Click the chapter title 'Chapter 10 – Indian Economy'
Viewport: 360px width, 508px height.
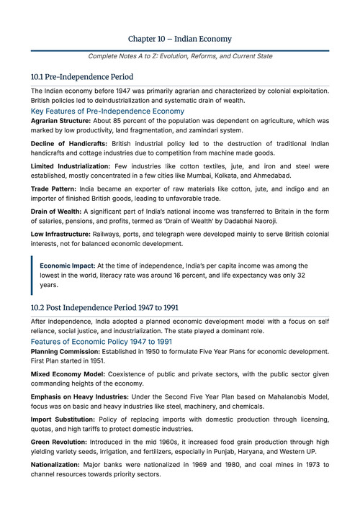179,38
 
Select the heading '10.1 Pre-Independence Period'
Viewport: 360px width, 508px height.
81,77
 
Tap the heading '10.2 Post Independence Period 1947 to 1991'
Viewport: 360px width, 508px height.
104,308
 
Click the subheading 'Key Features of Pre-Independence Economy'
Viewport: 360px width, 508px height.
107,112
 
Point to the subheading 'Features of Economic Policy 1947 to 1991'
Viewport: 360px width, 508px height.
102,341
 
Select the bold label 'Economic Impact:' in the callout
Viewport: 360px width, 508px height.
67,266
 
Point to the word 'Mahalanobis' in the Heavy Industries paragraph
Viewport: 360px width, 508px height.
288,396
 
